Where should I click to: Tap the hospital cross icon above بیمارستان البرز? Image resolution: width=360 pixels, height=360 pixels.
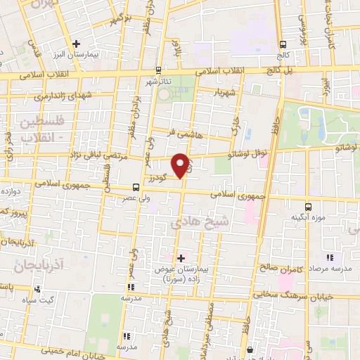tap(77, 44)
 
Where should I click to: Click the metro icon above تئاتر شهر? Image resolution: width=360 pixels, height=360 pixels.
tap(157, 70)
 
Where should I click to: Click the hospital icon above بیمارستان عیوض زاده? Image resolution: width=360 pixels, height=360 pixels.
tap(181, 258)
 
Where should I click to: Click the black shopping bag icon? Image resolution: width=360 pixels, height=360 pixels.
tap(249, 349)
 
